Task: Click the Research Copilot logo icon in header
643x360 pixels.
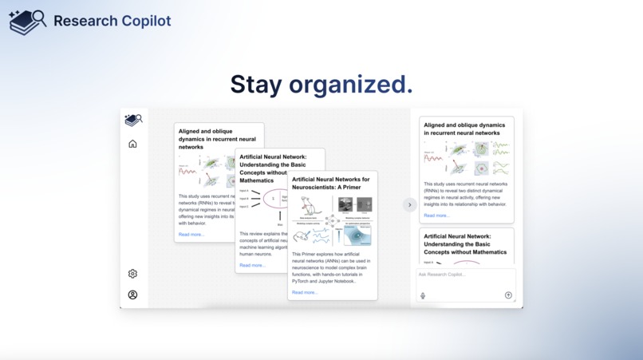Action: (27, 22)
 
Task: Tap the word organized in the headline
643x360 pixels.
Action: (350, 84)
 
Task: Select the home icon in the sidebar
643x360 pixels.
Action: (132, 144)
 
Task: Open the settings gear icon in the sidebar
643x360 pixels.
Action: (132, 274)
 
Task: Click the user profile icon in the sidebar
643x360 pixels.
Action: (132, 295)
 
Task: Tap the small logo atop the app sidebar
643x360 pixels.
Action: (132, 121)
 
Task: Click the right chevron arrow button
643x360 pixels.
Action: (409, 205)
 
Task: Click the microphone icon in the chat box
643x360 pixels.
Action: (423, 295)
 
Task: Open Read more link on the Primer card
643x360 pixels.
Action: (305, 292)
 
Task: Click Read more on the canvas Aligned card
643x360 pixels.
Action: (191, 235)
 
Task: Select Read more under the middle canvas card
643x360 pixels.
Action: (252, 265)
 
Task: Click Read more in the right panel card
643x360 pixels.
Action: (436, 216)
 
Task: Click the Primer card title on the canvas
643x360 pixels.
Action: (331, 184)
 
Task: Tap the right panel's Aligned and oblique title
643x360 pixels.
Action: (464, 129)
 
